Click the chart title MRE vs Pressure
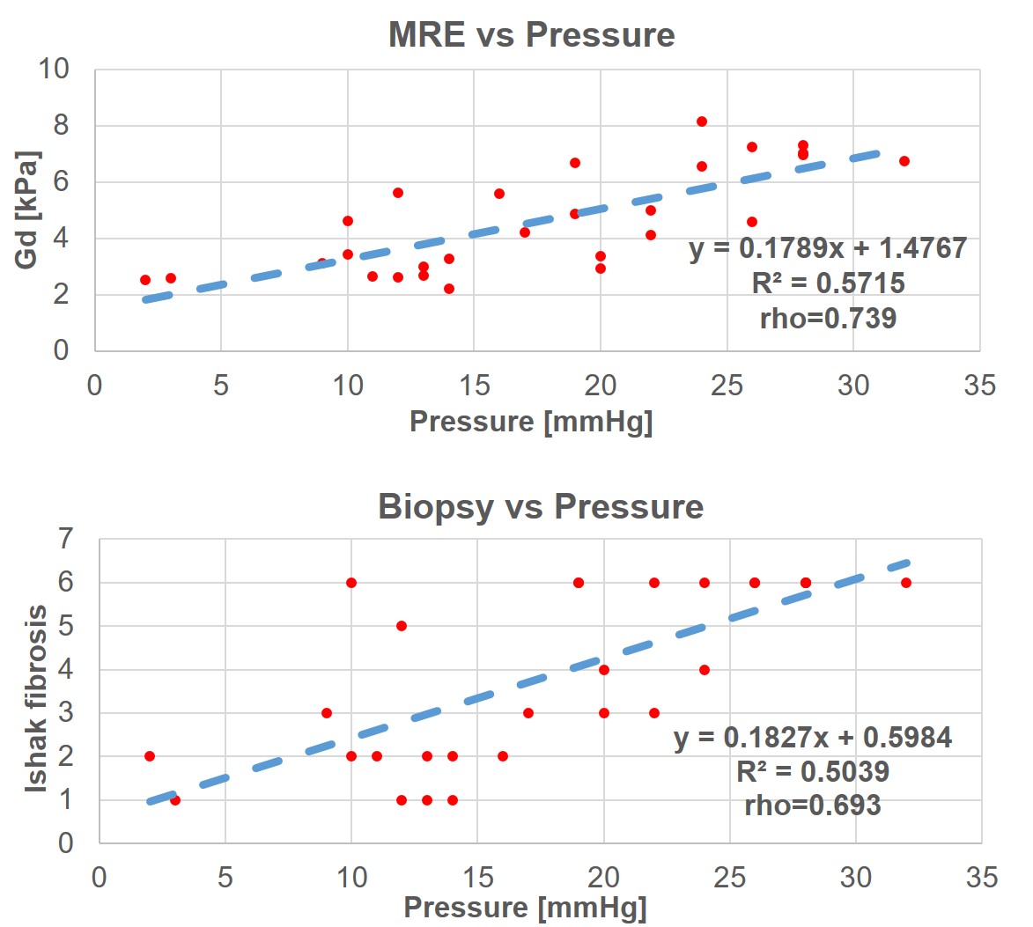[531, 35]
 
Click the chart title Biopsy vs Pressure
[541, 507]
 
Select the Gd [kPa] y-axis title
[27, 210]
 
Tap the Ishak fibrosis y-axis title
[35, 699]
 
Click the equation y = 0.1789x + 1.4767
[828, 248]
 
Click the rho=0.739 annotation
[828, 318]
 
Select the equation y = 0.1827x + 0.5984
[813, 737]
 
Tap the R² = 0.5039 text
[813, 771]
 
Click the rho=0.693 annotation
[813, 805]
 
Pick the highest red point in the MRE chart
[702, 121]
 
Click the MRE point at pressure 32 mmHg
[904, 161]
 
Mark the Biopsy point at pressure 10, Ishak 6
[351, 583]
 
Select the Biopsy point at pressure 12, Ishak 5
[402, 626]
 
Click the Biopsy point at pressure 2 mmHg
[150, 756]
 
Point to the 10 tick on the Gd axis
[54, 69]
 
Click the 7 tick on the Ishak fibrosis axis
[65, 539]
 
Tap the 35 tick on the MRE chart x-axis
[979, 386]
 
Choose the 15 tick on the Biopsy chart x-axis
[477, 877]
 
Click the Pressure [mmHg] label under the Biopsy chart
[525, 908]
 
